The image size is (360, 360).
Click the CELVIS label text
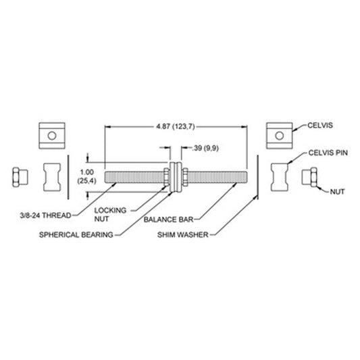[320, 126]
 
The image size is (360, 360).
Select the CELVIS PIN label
[328, 153]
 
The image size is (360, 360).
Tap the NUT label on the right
[337, 192]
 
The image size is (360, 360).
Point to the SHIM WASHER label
[183, 234]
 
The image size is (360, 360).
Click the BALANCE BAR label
[169, 220]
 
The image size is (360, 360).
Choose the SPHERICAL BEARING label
[76, 234]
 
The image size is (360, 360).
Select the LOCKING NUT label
[111, 214]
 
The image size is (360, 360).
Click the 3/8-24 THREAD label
[45, 215]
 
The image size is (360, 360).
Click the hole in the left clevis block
[52, 136]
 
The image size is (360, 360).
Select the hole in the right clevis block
[280, 136]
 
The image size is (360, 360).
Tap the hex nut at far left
[20, 177]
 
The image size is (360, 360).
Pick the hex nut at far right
[309, 177]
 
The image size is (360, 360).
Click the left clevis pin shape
[52, 177]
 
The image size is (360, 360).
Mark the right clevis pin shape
[280, 177]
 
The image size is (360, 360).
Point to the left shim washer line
[68, 177]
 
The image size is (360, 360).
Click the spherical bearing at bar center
[176, 177]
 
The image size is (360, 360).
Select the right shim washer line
[257, 177]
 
